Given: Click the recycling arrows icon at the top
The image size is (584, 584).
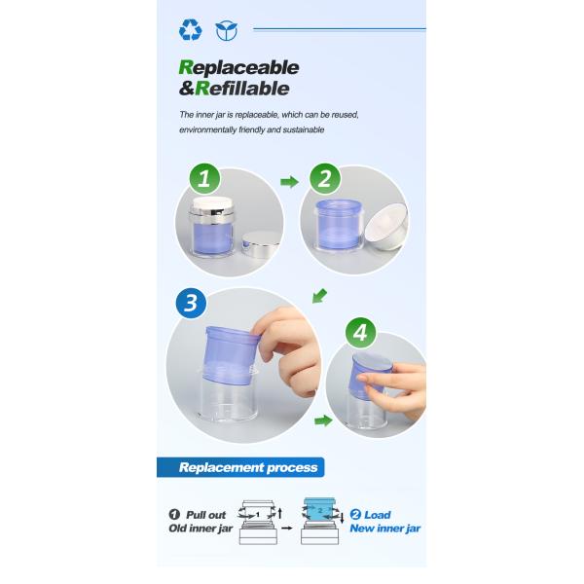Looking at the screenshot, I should point(190,31).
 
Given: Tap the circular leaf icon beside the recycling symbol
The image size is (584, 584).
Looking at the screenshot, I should point(226,31).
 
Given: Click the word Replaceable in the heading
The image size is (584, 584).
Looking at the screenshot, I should point(239,68).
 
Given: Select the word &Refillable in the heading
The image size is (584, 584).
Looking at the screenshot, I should point(235,89).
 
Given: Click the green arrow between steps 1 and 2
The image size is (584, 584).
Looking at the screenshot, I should point(288,181).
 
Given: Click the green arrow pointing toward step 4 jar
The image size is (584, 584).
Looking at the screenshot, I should point(321,421).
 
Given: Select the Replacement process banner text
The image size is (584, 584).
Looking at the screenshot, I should point(248,467).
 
